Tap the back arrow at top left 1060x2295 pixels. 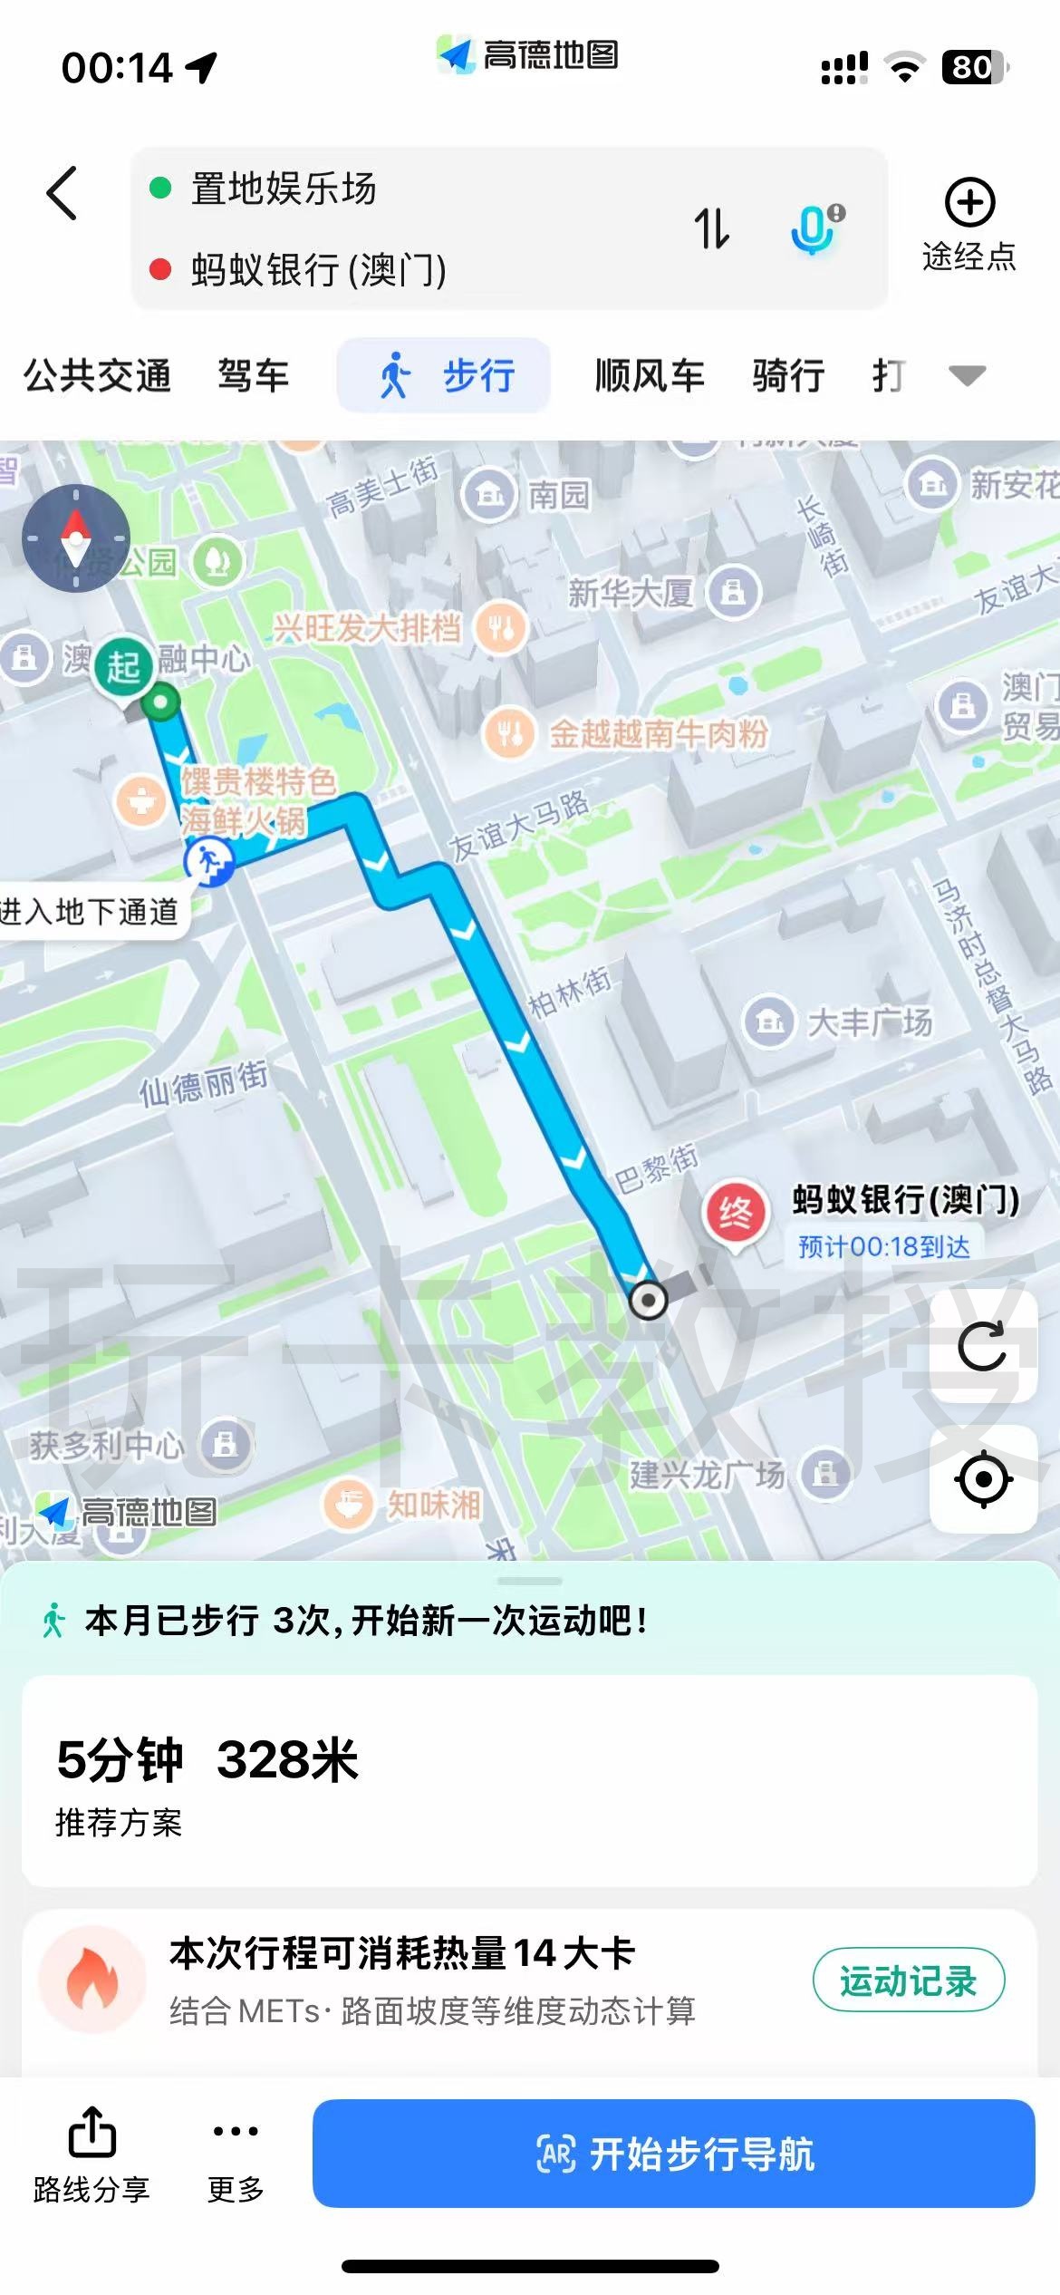coord(62,193)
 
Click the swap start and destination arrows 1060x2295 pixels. coord(711,228)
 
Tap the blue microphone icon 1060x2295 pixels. coord(814,228)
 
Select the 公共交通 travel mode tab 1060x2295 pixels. coord(97,375)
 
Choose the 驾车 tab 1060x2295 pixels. coord(254,375)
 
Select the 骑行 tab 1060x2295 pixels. coord(788,375)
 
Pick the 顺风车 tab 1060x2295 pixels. coord(650,375)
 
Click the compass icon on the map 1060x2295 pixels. coord(76,538)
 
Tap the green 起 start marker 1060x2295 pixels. coord(124,668)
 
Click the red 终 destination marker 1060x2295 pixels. coord(735,1213)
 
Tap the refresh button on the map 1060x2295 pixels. coord(983,1346)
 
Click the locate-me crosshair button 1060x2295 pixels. coord(983,1479)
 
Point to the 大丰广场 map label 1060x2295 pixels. coord(868,1022)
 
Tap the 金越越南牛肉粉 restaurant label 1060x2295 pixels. coord(658,733)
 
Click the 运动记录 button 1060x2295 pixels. coord(908,1980)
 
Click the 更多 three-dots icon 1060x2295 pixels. coord(236,2131)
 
